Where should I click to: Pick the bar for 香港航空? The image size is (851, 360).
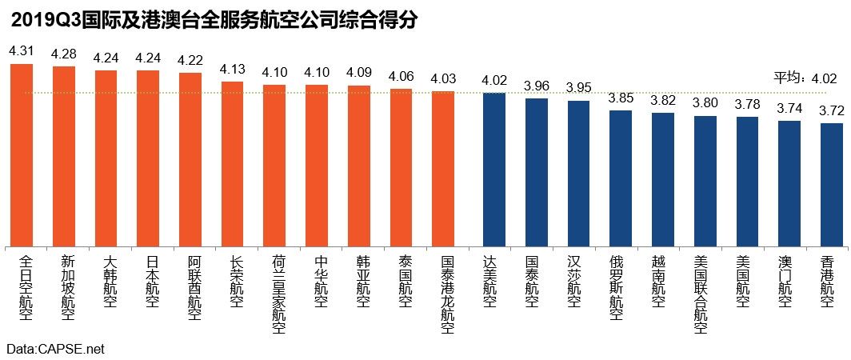pos(832,185)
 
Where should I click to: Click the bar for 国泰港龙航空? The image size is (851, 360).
pos(443,169)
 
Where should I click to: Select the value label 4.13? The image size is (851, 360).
pos(232,68)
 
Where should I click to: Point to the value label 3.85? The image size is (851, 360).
pos(621,98)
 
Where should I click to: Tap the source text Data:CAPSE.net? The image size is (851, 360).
pos(55,350)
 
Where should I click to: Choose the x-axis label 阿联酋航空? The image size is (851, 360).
pos(194,287)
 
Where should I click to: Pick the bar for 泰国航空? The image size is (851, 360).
pos(401,167)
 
